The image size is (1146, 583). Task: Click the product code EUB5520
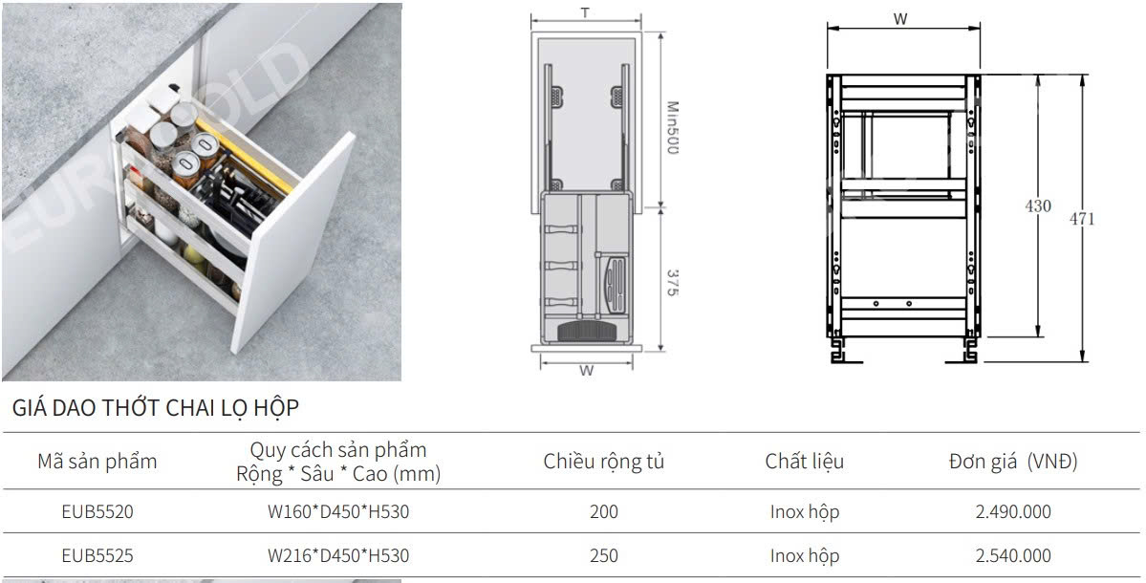[x=97, y=512]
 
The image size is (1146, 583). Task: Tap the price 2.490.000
[x=1012, y=512]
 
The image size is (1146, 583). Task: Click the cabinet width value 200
[x=604, y=512]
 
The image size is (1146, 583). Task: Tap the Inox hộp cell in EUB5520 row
[x=804, y=512]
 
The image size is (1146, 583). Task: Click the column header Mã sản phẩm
[x=97, y=462]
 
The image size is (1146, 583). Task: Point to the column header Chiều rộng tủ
[x=604, y=462]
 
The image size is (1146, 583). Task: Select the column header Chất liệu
[x=804, y=462]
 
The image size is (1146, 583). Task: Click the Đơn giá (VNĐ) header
[x=1012, y=462]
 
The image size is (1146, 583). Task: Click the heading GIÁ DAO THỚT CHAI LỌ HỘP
[x=155, y=409]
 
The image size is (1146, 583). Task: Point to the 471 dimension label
[x=1082, y=219]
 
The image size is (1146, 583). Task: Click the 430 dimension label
[x=1037, y=206]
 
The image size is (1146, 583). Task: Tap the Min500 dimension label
[x=672, y=129]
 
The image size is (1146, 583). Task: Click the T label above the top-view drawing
[x=584, y=13]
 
